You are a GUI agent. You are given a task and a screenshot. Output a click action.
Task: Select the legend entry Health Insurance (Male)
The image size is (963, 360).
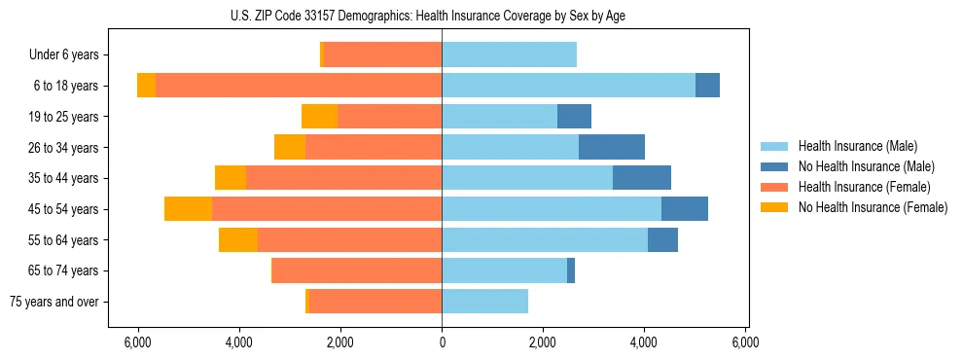click(857, 146)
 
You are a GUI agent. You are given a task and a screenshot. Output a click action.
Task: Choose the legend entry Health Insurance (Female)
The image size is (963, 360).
click(864, 187)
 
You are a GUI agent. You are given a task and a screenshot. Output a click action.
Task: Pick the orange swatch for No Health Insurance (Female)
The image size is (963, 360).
click(774, 207)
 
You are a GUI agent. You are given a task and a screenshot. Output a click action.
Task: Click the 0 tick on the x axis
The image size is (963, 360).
click(442, 342)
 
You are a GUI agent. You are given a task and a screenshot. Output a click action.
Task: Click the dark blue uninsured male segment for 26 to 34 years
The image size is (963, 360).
click(612, 148)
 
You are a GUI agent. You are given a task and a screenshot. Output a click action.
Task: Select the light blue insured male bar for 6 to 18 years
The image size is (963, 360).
click(568, 86)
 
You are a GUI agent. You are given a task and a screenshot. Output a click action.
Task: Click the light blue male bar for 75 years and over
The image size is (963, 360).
click(484, 302)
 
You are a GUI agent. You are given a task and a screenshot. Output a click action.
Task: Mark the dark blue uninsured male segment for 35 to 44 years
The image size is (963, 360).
click(642, 178)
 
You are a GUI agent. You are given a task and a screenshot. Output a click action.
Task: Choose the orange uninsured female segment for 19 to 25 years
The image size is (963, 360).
click(319, 117)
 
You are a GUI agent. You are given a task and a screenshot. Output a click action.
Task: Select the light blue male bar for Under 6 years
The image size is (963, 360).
click(509, 55)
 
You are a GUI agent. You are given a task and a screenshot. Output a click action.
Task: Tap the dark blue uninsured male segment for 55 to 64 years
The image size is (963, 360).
click(662, 240)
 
